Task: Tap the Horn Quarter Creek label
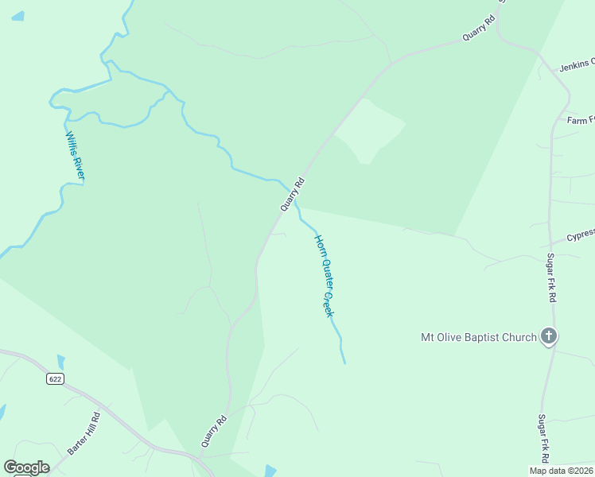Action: coord(324,276)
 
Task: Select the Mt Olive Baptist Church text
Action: coord(478,337)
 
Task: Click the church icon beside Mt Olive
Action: coord(548,336)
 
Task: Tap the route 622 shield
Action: coord(54,379)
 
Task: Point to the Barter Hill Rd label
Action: coord(84,432)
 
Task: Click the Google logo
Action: coord(26,467)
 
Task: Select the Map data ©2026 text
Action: coord(561,470)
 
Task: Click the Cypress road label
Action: coord(580,235)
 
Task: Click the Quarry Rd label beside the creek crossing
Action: coord(292,194)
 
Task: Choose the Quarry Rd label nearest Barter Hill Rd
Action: coord(214,431)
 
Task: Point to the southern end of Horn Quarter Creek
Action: coord(344,363)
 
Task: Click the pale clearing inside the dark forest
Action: coord(370,131)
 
